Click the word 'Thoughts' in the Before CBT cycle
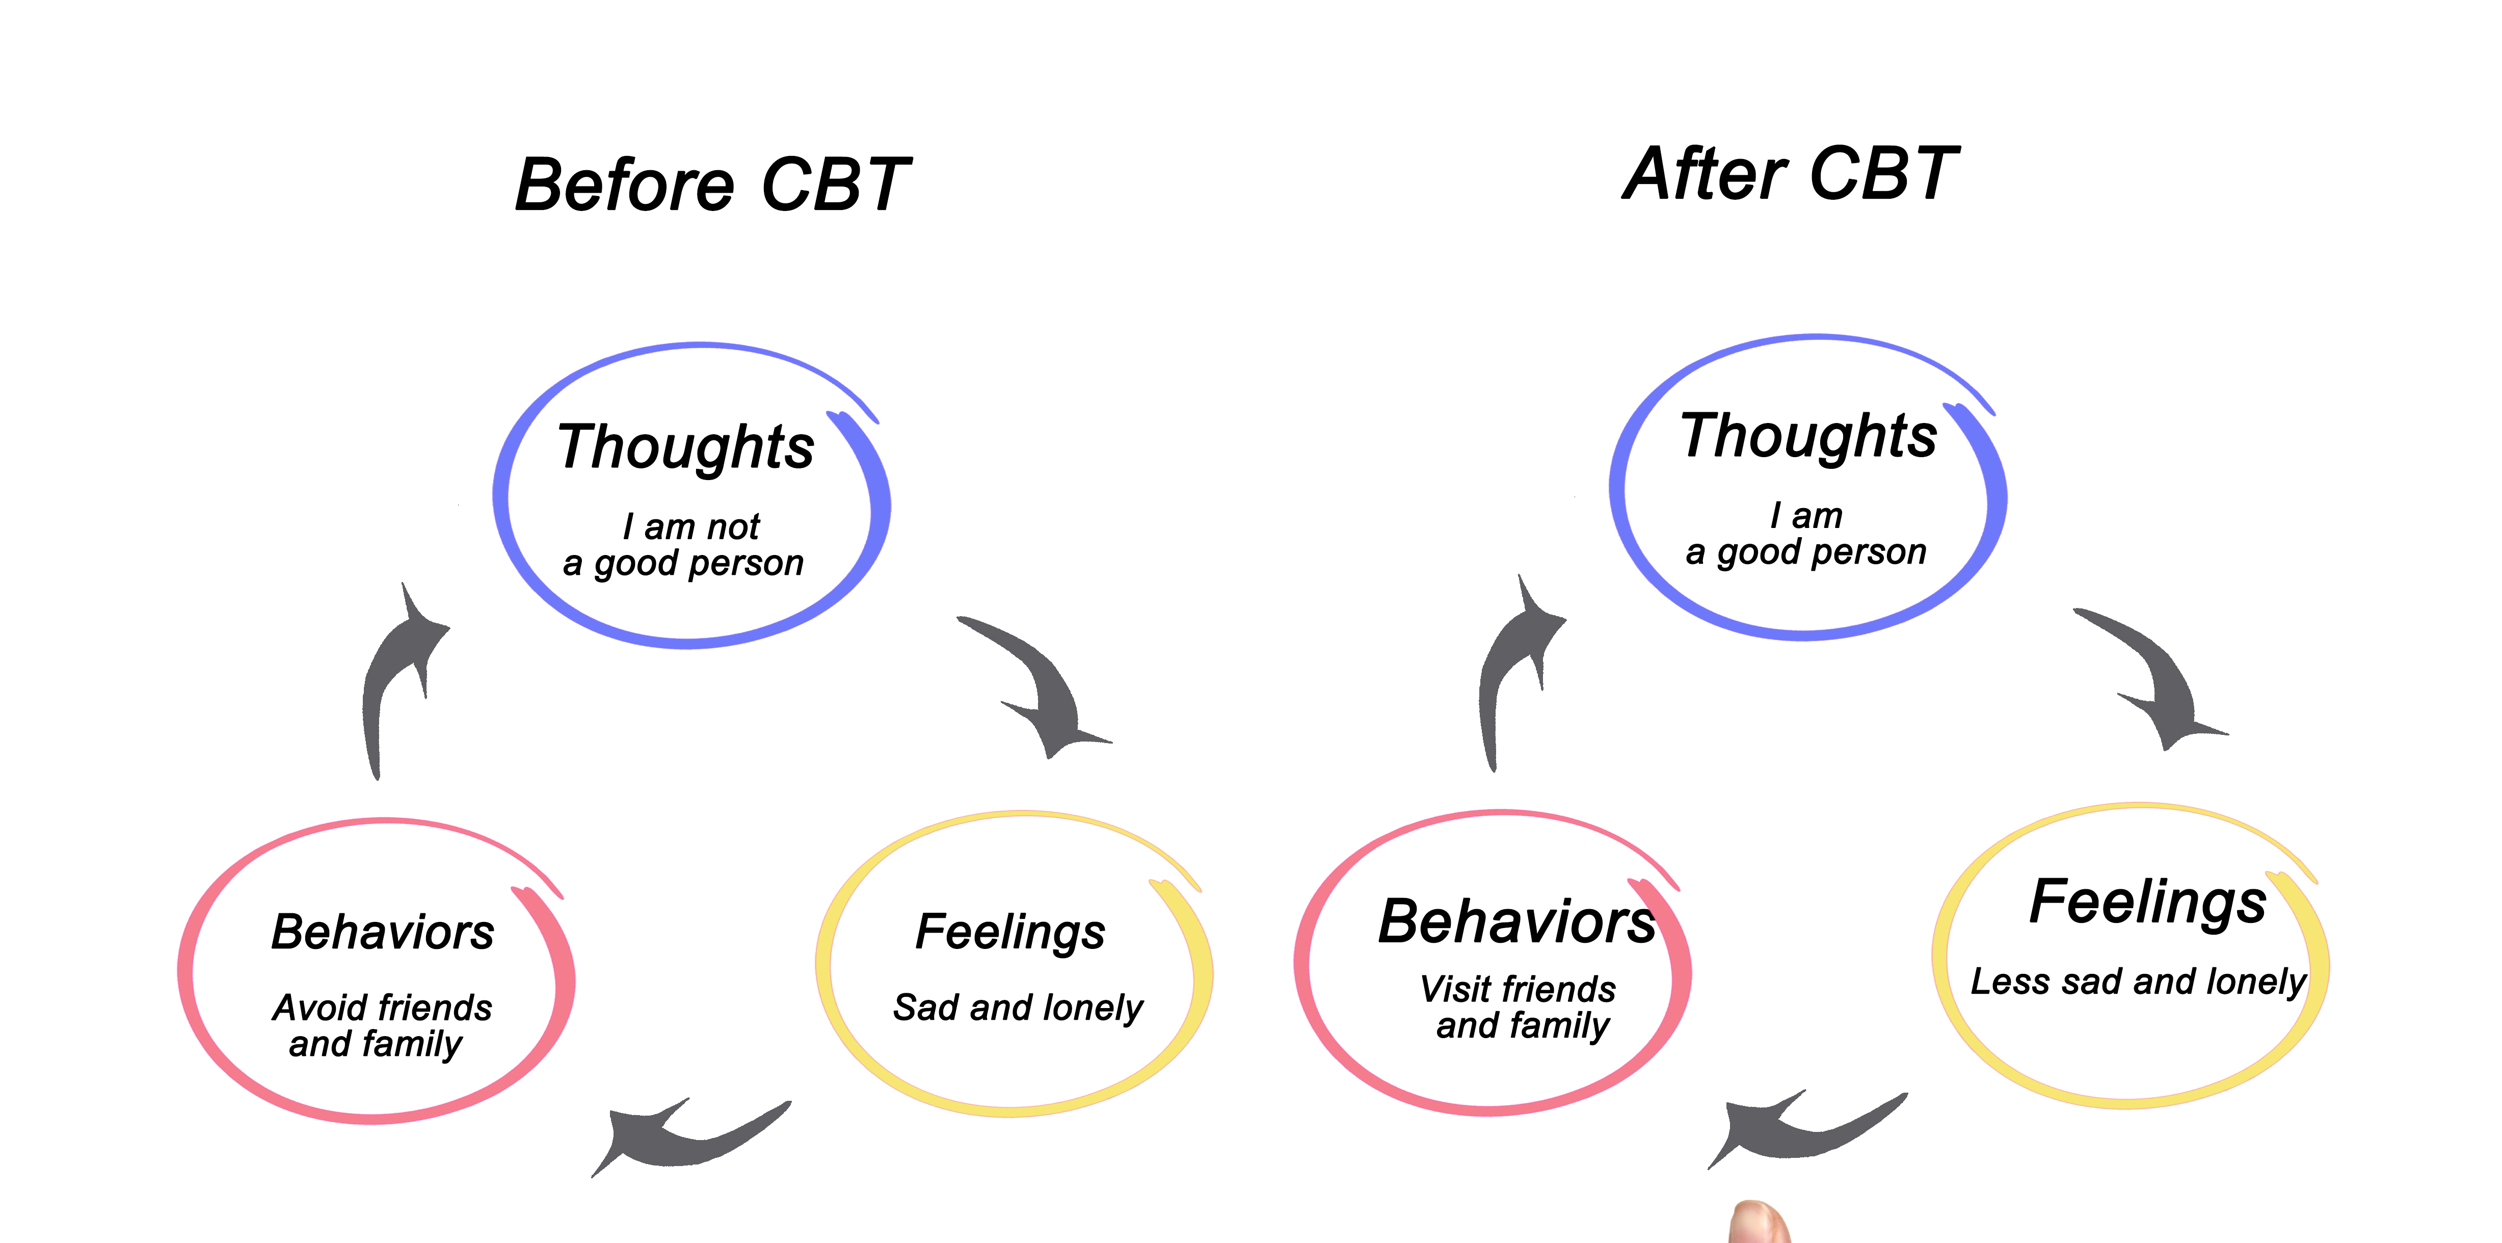(686, 447)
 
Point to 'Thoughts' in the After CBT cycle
(1808, 436)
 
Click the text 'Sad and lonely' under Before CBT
(1018, 1008)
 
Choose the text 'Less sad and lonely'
(2137, 982)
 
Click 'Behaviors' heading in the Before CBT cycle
(383, 932)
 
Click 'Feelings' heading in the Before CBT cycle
(1010, 932)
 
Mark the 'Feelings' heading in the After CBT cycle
(2147, 902)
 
